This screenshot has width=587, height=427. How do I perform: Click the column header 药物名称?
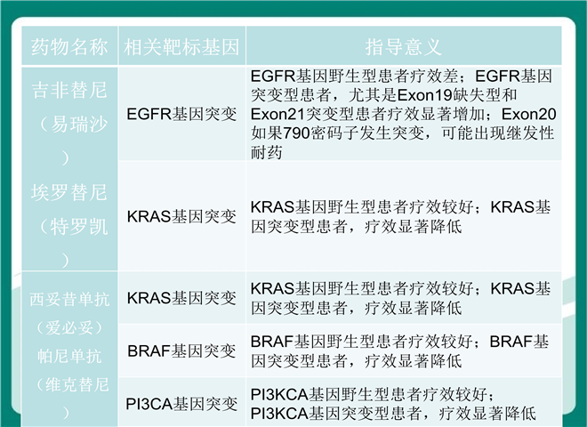tap(69, 47)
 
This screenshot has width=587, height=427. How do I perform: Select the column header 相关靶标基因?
tap(181, 47)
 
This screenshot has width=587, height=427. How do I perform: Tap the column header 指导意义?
tap(404, 47)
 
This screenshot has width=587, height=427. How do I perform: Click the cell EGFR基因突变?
tap(181, 114)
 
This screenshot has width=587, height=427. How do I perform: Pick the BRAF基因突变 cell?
tap(181, 351)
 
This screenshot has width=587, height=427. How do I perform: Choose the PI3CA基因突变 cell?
tap(181, 404)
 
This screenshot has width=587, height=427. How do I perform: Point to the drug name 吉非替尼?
tap(69, 90)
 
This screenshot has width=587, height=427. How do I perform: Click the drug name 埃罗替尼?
tap(69, 192)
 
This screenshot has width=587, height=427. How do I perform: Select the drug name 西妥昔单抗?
tap(69, 300)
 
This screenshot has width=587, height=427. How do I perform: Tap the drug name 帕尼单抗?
tap(69, 356)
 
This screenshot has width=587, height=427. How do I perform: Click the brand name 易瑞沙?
tap(79, 125)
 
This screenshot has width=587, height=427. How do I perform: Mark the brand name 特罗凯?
tap(79, 227)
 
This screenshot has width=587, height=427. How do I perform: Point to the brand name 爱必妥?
tap(69, 328)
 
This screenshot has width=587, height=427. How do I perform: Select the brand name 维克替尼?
tap(77, 384)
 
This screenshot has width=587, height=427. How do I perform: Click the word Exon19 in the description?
tap(424, 95)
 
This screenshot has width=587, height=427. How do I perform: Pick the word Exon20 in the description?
tap(528, 114)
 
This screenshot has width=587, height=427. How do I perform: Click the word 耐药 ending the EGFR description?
tap(267, 152)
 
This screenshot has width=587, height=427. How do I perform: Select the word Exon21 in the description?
tap(278, 114)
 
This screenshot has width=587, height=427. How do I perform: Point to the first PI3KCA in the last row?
tap(279, 394)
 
